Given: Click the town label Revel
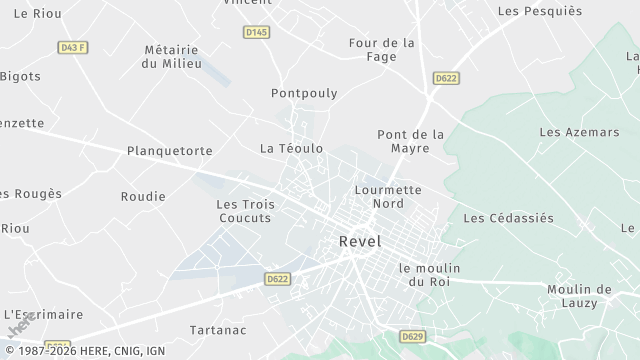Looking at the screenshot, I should pyautogui.click(x=360, y=241).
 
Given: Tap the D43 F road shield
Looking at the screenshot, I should pyautogui.click(x=72, y=47).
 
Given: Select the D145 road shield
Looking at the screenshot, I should pyautogui.click(x=256, y=33).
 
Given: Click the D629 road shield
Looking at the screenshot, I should pyautogui.click(x=412, y=336).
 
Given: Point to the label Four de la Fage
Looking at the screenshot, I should pyautogui.click(x=381, y=50).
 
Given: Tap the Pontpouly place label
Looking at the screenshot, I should pyautogui.click(x=304, y=93).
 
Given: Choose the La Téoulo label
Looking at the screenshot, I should pyautogui.click(x=291, y=148).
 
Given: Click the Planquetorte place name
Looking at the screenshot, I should pyautogui.click(x=170, y=151).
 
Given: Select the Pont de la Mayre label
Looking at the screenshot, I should pyautogui.click(x=410, y=141).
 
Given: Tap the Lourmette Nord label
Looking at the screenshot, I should pyautogui.click(x=387, y=196).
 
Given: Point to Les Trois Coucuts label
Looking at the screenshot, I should pyautogui.click(x=244, y=211).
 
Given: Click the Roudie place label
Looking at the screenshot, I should pyautogui.click(x=143, y=196).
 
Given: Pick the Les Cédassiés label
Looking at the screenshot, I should pyautogui.click(x=508, y=217).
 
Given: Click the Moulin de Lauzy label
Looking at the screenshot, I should pyautogui.click(x=579, y=296).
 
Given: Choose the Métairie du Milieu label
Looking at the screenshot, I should pyautogui.click(x=172, y=56).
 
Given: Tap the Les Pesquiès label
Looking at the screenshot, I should pyautogui.click(x=539, y=11).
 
